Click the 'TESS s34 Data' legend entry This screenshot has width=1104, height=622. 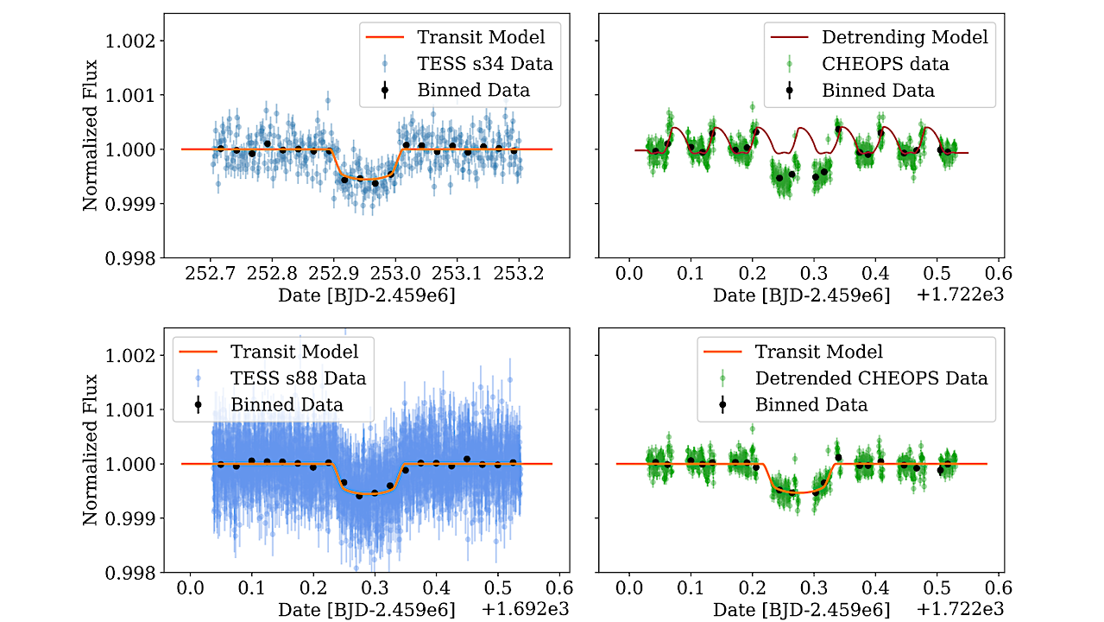tap(484, 63)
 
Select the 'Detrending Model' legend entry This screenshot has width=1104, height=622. tap(904, 37)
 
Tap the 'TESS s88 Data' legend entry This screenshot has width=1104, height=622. tap(298, 378)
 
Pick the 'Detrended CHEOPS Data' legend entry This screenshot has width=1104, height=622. tap(870, 378)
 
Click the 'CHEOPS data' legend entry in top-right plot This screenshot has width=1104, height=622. tap(884, 63)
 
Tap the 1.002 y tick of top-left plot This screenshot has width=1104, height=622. tap(129, 41)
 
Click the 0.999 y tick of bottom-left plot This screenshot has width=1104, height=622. tap(129, 518)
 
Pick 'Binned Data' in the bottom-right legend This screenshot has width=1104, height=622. tap(811, 404)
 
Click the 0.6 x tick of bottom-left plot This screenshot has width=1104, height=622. tap(559, 589)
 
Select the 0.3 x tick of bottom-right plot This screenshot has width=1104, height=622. tap(813, 589)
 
